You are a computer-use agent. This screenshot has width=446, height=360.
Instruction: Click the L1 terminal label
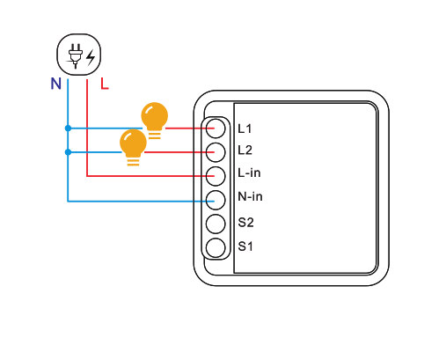(x=245, y=129)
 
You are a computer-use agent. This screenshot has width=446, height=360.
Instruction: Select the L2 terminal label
(x=245, y=151)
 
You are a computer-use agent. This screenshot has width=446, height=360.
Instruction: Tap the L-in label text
(x=249, y=173)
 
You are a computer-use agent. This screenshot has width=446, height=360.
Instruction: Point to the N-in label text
(x=250, y=196)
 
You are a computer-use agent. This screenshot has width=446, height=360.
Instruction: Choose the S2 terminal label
(x=245, y=223)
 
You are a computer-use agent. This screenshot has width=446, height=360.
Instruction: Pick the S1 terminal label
(x=245, y=246)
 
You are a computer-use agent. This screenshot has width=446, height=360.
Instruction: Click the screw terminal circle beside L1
(x=216, y=129)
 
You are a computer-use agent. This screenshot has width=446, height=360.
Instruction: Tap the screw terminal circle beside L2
(x=216, y=152)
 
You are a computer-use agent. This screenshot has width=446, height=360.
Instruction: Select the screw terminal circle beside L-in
(x=216, y=176)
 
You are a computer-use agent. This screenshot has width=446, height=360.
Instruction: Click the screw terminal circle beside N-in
(x=216, y=200)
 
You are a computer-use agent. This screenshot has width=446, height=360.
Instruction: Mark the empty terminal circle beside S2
(x=216, y=224)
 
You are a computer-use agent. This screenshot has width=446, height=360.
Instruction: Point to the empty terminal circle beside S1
(x=216, y=248)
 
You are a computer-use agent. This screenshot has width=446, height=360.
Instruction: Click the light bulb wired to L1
(x=155, y=121)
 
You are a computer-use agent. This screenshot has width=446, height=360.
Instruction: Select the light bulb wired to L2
(x=133, y=147)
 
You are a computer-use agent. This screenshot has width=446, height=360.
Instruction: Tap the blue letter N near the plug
(x=56, y=84)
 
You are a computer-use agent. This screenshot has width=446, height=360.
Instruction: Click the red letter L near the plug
(x=105, y=84)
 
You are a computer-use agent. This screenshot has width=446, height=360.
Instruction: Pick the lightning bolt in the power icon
(x=91, y=57)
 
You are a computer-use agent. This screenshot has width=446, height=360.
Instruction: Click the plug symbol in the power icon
(x=75, y=55)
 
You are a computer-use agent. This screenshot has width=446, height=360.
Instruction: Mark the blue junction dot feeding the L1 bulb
(x=68, y=129)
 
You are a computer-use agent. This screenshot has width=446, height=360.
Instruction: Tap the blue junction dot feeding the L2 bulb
(x=68, y=152)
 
